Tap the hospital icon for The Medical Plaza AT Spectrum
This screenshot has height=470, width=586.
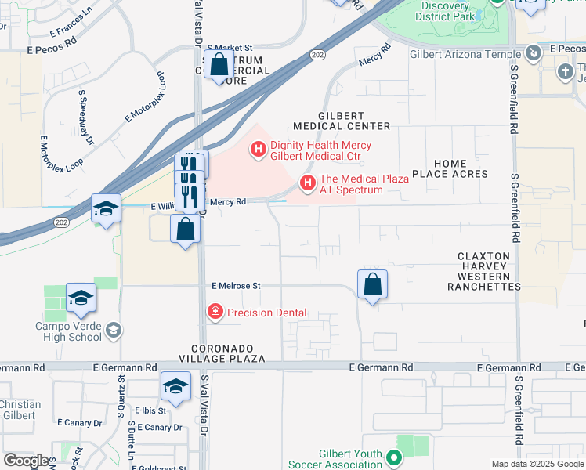(308, 184)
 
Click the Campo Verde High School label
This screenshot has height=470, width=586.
(69, 331)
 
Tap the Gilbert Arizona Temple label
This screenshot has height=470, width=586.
(465, 55)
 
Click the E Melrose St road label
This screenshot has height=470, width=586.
(235, 287)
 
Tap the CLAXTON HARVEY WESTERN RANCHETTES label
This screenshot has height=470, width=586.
(483, 271)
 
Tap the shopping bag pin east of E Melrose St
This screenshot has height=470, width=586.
(373, 284)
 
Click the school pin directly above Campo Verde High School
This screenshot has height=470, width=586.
(81, 298)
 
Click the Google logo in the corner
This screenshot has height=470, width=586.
(26, 461)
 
